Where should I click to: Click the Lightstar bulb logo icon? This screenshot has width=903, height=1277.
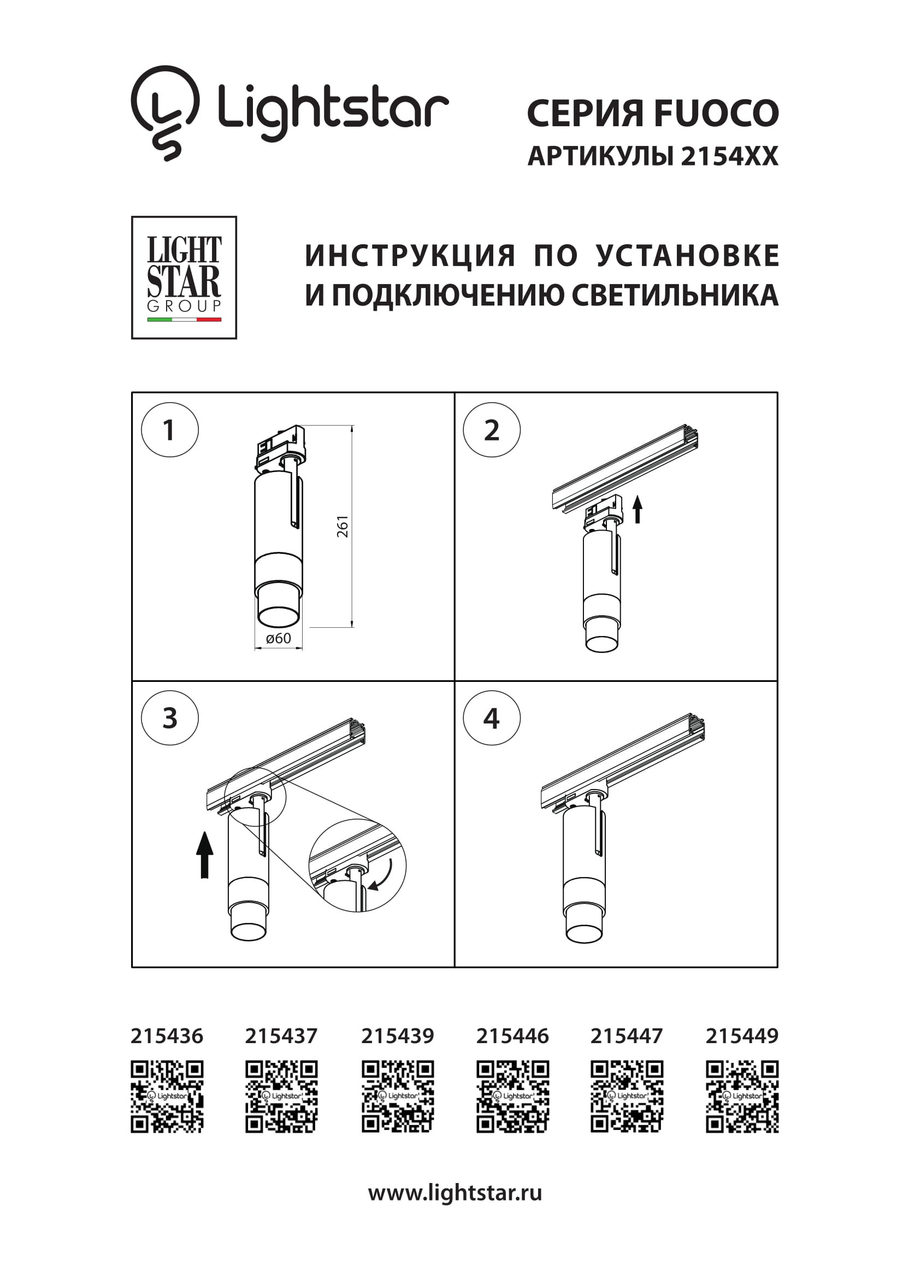coord(164,113)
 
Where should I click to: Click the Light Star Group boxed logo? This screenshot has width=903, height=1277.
coord(184,278)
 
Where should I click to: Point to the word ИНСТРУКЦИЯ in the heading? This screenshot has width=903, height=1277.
coord(410,256)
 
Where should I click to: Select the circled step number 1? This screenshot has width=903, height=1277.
coord(169,430)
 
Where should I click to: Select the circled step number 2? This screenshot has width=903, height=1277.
coord(492,430)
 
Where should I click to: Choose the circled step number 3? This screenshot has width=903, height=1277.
coord(169,718)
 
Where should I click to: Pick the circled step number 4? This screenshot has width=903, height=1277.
coord(492,718)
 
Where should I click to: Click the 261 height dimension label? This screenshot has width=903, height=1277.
coord(343,526)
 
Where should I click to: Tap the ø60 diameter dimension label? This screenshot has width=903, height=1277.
coord(278,638)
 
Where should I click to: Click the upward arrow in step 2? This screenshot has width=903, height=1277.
coord(637,509)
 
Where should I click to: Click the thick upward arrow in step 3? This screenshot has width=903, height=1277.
coord(205,855)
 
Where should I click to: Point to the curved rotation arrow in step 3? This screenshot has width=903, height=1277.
coord(382,874)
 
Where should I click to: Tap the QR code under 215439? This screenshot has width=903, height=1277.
coord(398,1096)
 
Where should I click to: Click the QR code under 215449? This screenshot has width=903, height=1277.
coord(742,1096)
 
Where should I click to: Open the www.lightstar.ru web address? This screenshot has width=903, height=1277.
coord(455,1192)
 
